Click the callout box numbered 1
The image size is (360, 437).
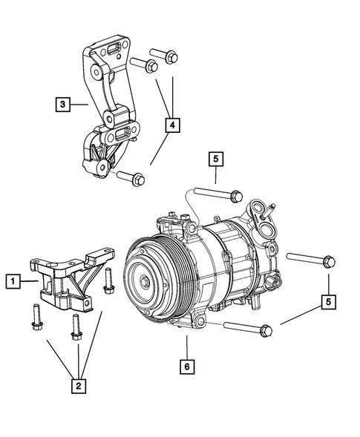pos(13,280)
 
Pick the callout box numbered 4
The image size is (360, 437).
pos(171,127)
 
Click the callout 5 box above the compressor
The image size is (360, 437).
pos(215,158)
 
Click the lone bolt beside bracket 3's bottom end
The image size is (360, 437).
pos(131,177)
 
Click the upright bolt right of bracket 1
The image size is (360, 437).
pos(109,280)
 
